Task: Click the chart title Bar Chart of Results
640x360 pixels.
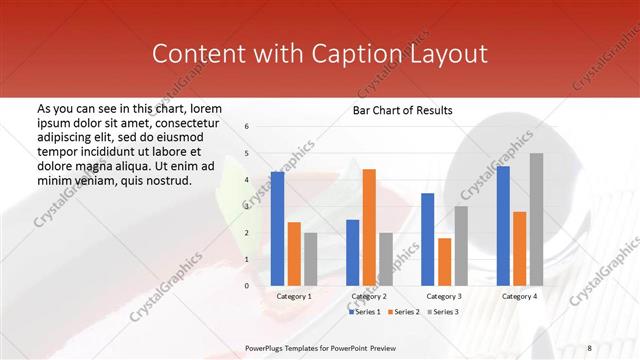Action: coord(403,110)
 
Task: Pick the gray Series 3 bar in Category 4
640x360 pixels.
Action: coord(536,219)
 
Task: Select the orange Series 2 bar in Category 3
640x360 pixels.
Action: coord(444,261)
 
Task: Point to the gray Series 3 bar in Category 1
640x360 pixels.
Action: coord(311,259)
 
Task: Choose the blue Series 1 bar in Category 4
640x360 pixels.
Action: coord(502,225)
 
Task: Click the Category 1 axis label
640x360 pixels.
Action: coord(294,297)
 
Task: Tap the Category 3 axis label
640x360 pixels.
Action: coord(444,297)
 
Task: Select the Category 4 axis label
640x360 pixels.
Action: coord(519,297)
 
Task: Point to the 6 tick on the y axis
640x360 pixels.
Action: coord(247,127)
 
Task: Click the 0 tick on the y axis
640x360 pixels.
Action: coord(247,286)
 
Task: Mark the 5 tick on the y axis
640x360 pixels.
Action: coord(247,153)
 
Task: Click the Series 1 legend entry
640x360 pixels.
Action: coord(366,312)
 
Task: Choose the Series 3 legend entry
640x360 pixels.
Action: coord(444,312)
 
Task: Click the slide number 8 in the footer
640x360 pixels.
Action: coord(589,347)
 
